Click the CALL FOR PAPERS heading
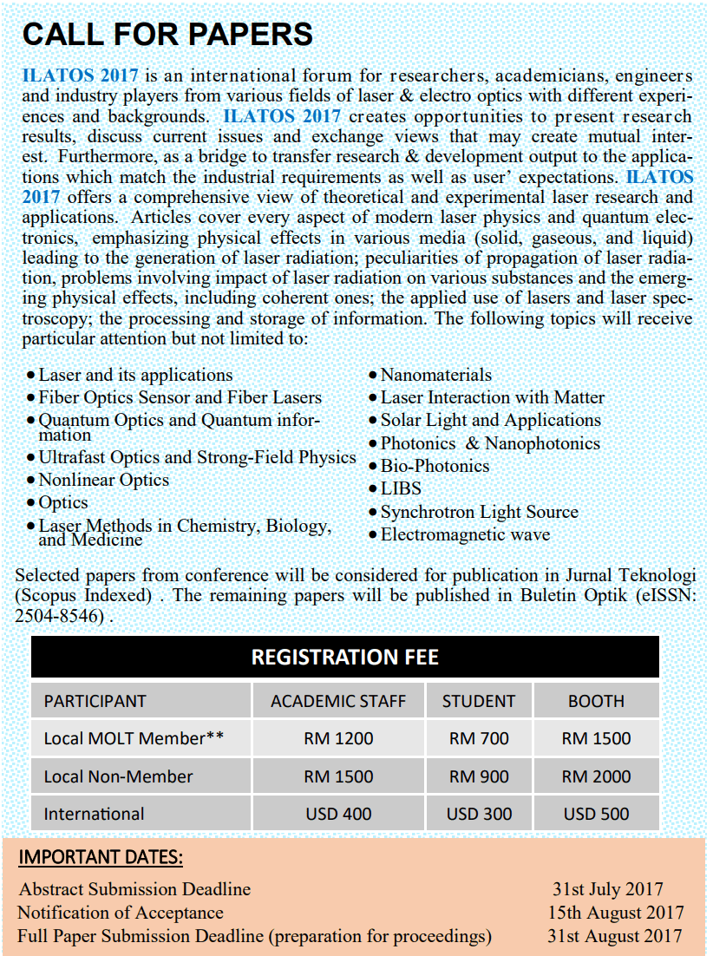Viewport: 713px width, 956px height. click(167, 34)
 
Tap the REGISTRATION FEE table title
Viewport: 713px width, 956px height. click(344, 657)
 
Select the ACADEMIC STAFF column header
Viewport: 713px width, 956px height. click(338, 701)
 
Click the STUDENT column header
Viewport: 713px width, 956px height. click(479, 701)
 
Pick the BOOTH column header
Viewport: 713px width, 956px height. click(596, 701)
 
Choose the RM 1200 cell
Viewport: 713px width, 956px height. click(338, 739)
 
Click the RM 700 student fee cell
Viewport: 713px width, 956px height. click(479, 739)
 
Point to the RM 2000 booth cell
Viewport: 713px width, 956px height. click(596, 776)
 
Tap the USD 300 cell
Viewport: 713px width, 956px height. click(479, 814)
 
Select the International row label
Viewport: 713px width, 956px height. click(94, 814)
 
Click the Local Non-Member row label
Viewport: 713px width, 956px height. click(118, 776)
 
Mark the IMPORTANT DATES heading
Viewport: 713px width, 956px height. click(101, 858)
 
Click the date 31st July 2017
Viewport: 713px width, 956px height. click(607, 889)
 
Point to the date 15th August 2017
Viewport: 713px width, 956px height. click(615, 913)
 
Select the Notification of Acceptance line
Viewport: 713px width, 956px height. click(121, 913)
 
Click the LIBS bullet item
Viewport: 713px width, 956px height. click(401, 488)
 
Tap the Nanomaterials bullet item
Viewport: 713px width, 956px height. click(435, 375)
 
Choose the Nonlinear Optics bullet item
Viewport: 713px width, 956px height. click(103, 480)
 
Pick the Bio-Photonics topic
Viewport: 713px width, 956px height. click(435, 466)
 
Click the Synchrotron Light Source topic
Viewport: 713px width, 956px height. click(479, 512)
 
